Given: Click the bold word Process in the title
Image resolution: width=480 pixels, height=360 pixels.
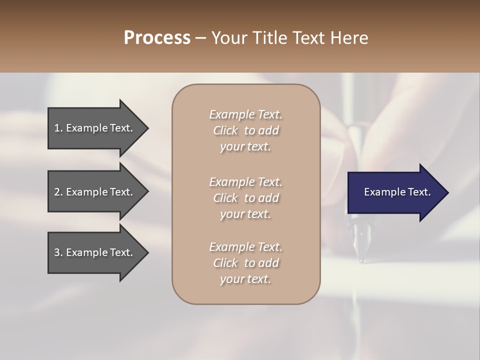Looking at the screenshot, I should pyautogui.click(x=157, y=38).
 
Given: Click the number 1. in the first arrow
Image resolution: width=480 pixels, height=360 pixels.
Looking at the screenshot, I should pyautogui.click(x=58, y=128).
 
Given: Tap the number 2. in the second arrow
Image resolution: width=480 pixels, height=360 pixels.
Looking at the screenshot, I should pyautogui.click(x=58, y=192).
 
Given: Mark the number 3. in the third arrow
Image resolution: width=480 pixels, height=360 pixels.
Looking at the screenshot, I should pyautogui.click(x=58, y=252).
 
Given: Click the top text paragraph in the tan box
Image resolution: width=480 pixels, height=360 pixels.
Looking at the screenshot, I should pyautogui.click(x=245, y=130).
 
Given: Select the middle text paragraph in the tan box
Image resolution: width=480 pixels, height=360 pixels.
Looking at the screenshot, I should pyautogui.click(x=245, y=198).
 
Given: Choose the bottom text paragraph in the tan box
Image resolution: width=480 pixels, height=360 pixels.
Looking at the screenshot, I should pyautogui.click(x=245, y=263).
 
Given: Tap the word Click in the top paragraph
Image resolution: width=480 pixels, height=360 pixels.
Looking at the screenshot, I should pyautogui.click(x=225, y=130).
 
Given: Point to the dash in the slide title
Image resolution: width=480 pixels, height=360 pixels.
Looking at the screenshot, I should pyautogui.click(x=201, y=38).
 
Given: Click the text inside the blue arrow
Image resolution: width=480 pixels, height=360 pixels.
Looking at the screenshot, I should pyautogui.click(x=397, y=192).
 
